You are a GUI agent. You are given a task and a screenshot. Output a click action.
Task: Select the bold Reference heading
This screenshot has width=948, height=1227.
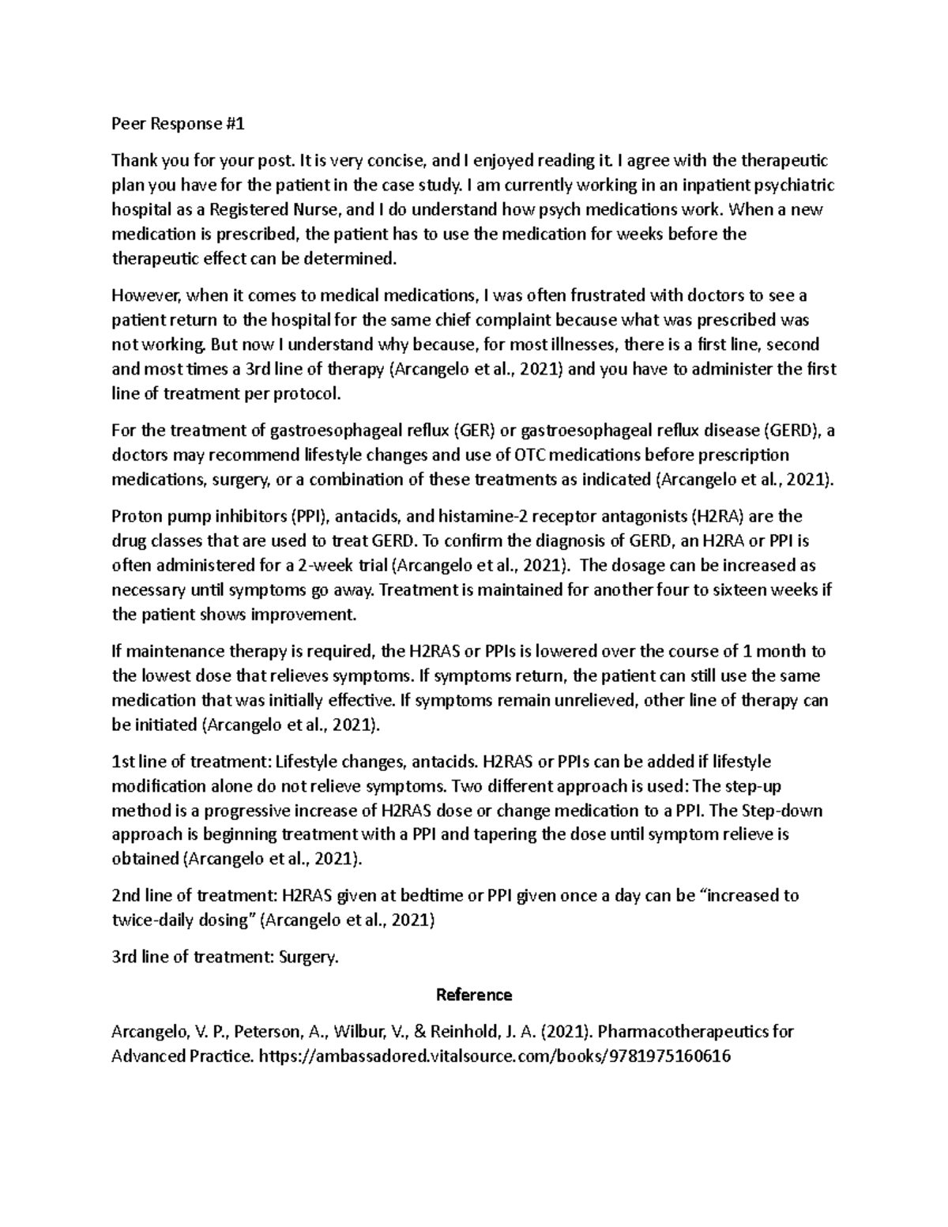474,995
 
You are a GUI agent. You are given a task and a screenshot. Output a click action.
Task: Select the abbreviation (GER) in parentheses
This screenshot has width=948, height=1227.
474,431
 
